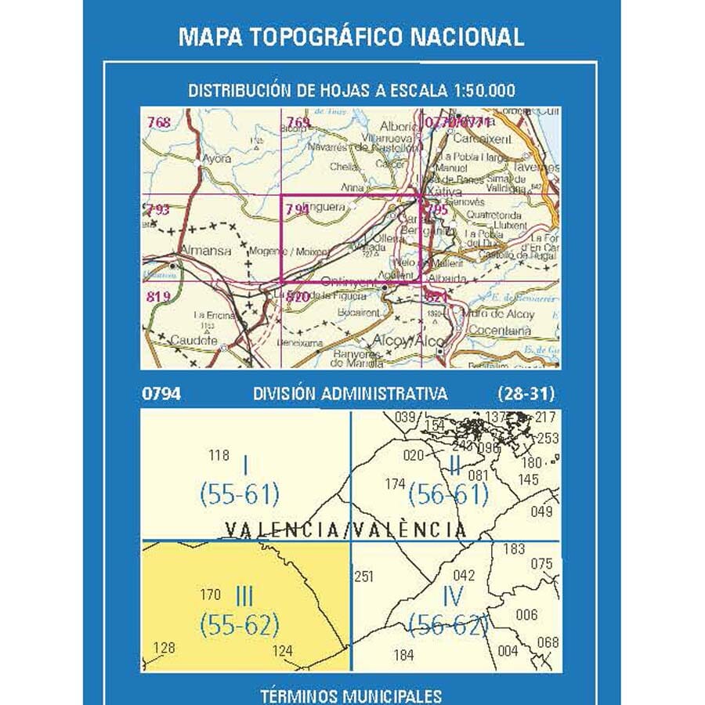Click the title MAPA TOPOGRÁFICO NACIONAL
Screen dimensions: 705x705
click(352, 37)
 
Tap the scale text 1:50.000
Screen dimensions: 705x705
click(483, 91)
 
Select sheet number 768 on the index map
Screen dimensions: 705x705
click(158, 122)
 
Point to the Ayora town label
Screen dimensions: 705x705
click(217, 158)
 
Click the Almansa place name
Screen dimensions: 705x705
click(205, 251)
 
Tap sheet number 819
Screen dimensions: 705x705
click(158, 296)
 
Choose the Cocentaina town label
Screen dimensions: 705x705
click(501, 331)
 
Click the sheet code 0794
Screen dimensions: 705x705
click(161, 393)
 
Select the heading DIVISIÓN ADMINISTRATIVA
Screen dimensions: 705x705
click(350, 393)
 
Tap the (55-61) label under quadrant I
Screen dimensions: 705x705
click(239, 495)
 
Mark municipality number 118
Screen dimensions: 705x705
click(219, 455)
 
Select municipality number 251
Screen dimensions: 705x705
click(363, 577)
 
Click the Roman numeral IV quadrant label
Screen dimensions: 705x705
click(452, 597)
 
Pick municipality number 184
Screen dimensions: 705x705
click(404, 655)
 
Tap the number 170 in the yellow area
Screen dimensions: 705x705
click(211, 595)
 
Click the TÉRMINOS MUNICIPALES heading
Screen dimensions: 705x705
click(350, 695)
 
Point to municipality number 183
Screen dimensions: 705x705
click(514, 549)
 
